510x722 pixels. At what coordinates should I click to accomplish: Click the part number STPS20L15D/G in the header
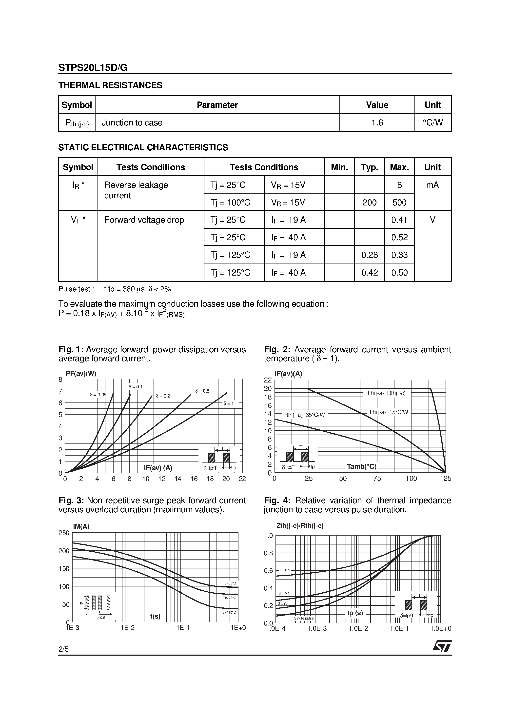93,68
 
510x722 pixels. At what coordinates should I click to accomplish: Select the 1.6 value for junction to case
377,123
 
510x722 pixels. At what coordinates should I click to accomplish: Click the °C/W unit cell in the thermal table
433,123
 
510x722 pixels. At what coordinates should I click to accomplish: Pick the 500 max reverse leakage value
399,202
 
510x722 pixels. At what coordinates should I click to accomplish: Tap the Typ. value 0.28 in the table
370,255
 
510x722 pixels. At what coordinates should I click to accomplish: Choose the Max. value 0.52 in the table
399,238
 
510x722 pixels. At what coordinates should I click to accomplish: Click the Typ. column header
370,167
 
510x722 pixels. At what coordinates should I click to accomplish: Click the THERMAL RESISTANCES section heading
110,85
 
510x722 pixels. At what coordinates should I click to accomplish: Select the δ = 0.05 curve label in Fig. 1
98,395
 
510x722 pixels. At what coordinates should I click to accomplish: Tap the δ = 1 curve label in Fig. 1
229,403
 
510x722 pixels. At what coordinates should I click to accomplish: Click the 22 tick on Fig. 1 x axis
242,479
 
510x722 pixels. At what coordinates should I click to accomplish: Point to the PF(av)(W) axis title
81,374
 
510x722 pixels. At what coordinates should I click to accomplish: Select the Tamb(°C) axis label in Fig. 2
361,467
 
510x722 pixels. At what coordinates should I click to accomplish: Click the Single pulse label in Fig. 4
303,618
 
